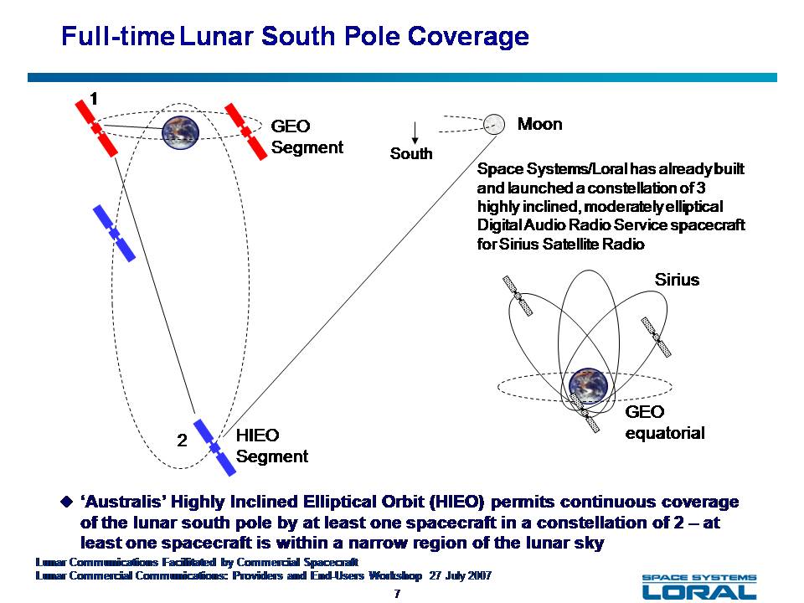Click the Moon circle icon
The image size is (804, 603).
tap(494, 124)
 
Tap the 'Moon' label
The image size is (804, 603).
tap(539, 124)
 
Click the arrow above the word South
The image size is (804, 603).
tap(415, 133)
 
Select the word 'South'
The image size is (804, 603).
tap(411, 153)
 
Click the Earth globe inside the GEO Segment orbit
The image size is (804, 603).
tap(181, 132)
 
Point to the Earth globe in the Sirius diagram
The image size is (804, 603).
tap(588, 385)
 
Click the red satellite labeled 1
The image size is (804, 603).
tap(96, 128)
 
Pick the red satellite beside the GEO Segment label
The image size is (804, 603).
tap(246, 131)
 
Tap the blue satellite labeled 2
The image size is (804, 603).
tap(214, 447)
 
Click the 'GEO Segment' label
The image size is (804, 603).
tap(307, 137)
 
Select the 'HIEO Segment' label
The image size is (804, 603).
tap(271, 446)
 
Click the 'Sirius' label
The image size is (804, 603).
tap(677, 280)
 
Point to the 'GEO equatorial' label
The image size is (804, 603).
tap(665, 422)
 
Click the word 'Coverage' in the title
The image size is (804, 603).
tap(468, 36)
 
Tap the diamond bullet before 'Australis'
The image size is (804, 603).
tap(67, 501)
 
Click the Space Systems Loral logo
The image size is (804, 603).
tap(699, 585)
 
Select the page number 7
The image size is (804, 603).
tap(397, 593)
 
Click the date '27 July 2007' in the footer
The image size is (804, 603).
tap(461, 575)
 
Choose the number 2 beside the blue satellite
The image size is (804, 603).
tap(182, 441)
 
